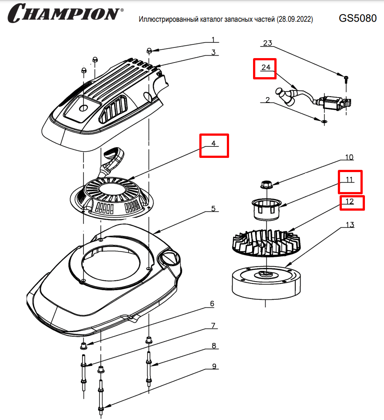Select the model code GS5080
coord(357,18)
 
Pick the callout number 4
coord(214,144)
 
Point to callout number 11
coord(350,180)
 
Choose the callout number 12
coord(350,202)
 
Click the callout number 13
coord(350,224)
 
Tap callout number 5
coord(214,208)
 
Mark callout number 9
coord(214,366)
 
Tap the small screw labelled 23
coord(345,79)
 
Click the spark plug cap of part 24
coord(285,95)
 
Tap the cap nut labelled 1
coord(150,51)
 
